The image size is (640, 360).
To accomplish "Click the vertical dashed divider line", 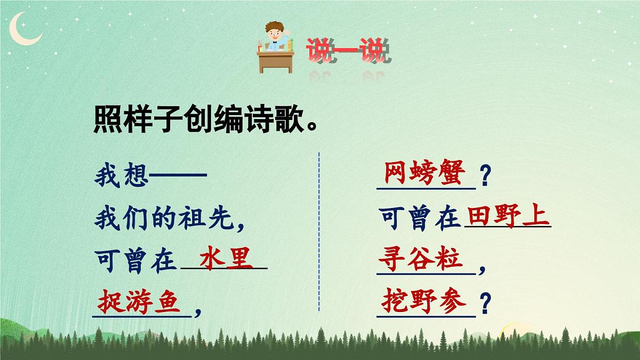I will click(x=319, y=232).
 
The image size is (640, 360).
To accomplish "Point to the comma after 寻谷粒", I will click(x=482, y=269).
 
